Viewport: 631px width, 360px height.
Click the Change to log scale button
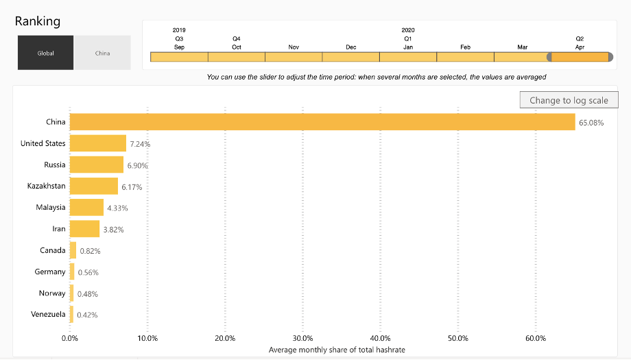click(569, 100)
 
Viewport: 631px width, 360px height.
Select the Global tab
click(45, 53)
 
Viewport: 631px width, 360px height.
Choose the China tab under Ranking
click(102, 53)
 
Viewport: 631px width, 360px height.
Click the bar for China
click(322, 122)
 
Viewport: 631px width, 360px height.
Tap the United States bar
click(97, 143)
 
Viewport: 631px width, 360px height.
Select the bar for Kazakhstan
click(93, 186)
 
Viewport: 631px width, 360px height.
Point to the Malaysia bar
click(86, 207)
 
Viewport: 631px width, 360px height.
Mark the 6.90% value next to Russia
click(138, 165)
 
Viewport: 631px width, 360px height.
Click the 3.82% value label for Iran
click(113, 230)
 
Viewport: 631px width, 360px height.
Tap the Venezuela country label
click(48, 315)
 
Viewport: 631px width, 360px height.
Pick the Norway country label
click(52, 293)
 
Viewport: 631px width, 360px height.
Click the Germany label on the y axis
click(50, 272)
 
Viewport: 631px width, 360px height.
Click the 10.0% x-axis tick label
click(147, 338)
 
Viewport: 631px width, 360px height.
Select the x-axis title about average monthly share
click(337, 350)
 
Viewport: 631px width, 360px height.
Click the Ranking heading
click(38, 21)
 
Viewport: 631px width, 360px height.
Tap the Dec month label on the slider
click(351, 47)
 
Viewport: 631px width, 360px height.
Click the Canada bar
click(73, 250)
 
